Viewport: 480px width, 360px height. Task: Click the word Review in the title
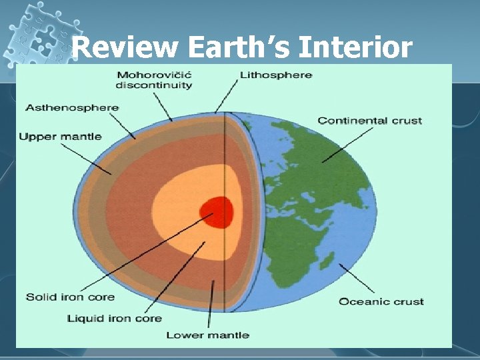pyautogui.click(x=125, y=48)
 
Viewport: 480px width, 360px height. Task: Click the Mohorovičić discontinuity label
pyautogui.click(x=154, y=79)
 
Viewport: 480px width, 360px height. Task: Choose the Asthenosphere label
pyautogui.click(x=72, y=107)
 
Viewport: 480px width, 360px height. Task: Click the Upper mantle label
pyautogui.click(x=60, y=137)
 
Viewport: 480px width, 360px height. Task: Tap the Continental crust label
pyautogui.click(x=370, y=121)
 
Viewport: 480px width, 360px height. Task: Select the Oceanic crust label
pyautogui.click(x=381, y=301)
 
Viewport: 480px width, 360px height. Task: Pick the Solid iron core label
pyautogui.click(x=70, y=297)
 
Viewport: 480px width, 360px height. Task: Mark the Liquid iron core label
pyautogui.click(x=114, y=318)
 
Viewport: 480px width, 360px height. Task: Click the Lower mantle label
pyautogui.click(x=207, y=334)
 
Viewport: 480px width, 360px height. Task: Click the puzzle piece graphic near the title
pyautogui.click(x=37, y=33)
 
